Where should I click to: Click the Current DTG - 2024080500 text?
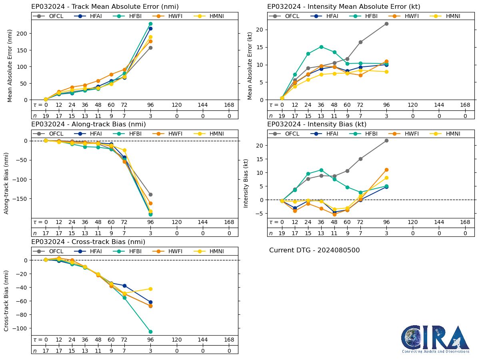click(314, 250)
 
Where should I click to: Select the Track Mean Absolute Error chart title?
click(105, 7)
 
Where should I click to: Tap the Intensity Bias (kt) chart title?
click(317, 124)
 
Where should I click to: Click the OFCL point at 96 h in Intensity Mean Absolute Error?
click(386, 24)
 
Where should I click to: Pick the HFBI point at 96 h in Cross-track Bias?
click(150, 332)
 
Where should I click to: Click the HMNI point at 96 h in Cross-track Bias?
click(150, 289)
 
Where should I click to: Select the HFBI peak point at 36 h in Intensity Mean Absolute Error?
click(321, 47)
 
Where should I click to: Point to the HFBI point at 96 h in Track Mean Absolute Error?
click(150, 24)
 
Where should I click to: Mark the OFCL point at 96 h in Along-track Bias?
click(150, 195)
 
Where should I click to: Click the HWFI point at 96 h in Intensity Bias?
click(386, 170)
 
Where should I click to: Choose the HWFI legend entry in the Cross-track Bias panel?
click(169, 251)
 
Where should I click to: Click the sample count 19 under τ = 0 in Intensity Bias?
click(282, 233)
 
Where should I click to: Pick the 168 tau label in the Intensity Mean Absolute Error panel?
click(465, 105)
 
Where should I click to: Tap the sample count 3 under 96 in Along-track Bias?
click(150, 233)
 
